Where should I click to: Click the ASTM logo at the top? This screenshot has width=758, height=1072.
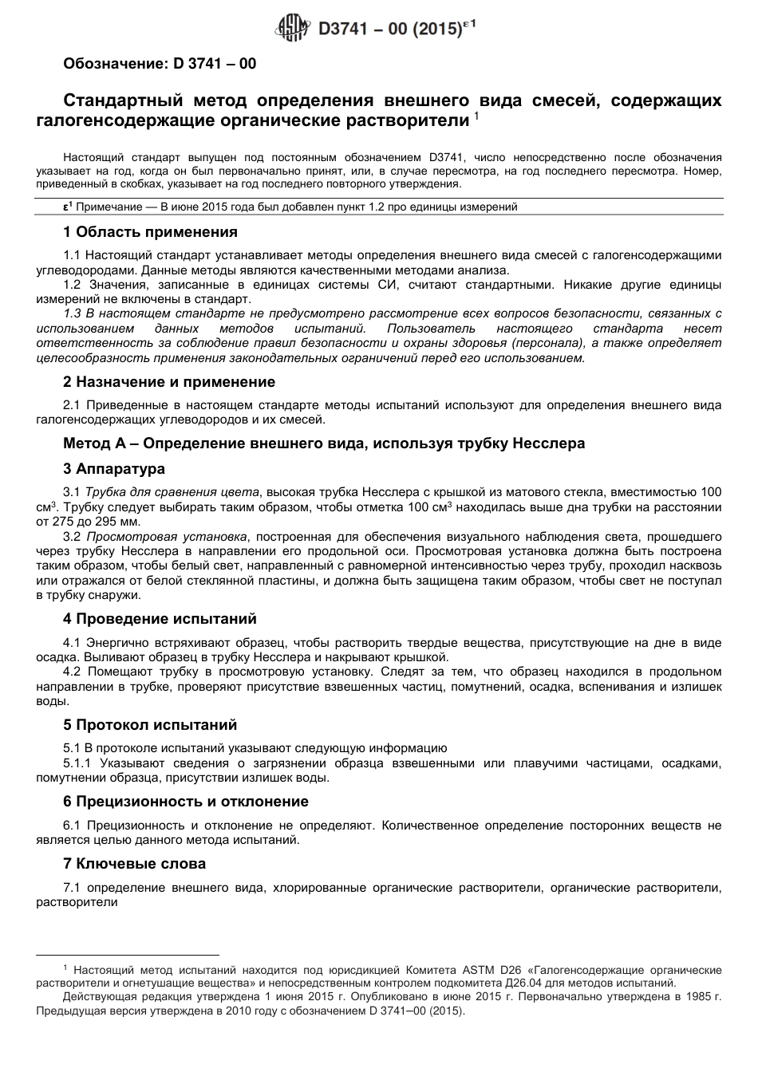tap(291, 29)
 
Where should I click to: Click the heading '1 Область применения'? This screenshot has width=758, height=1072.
tap(150, 232)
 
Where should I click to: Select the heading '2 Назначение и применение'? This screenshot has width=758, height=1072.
tap(169, 382)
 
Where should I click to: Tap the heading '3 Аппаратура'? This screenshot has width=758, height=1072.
tap(114, 468)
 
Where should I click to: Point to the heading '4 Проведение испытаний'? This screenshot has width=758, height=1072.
tap(160, 619)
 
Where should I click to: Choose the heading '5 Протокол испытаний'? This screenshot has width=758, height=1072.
tap(150, 725)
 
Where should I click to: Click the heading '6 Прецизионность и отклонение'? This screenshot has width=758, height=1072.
tap(185, 802)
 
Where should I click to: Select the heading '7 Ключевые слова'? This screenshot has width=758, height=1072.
tap(134, 864)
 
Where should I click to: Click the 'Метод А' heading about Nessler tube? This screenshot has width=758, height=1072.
tap(324, 443)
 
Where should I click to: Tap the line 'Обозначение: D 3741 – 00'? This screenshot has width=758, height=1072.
tap(160, 63)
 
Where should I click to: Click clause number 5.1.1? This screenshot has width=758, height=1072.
tap(77, 763)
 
